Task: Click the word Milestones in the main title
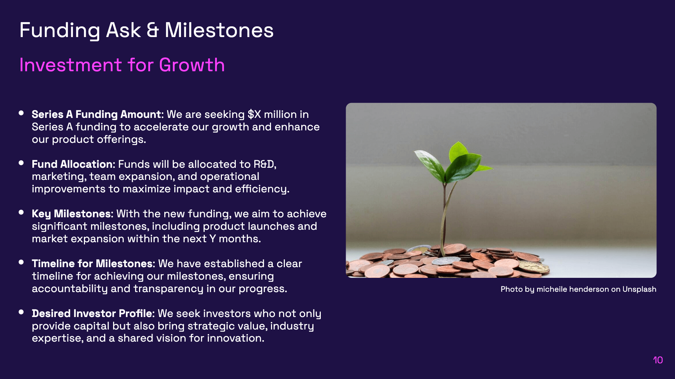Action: coord(219,30)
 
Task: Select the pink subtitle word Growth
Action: coord(192,65)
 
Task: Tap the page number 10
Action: coord(658,360)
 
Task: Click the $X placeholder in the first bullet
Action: coord(254,114)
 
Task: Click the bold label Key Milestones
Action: coord(72,214)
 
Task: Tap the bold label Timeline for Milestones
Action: coord(93,264)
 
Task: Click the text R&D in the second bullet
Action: coord(264,164)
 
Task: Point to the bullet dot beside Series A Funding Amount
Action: coord(21,113)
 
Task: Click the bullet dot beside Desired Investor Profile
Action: coord(21,312)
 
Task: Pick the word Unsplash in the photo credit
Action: coord(639,289)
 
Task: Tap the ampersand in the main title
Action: coord(153,30)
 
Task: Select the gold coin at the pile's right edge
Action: coord(533,267)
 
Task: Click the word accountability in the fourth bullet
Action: coord(70,289)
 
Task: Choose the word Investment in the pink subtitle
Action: coord(71,65)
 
